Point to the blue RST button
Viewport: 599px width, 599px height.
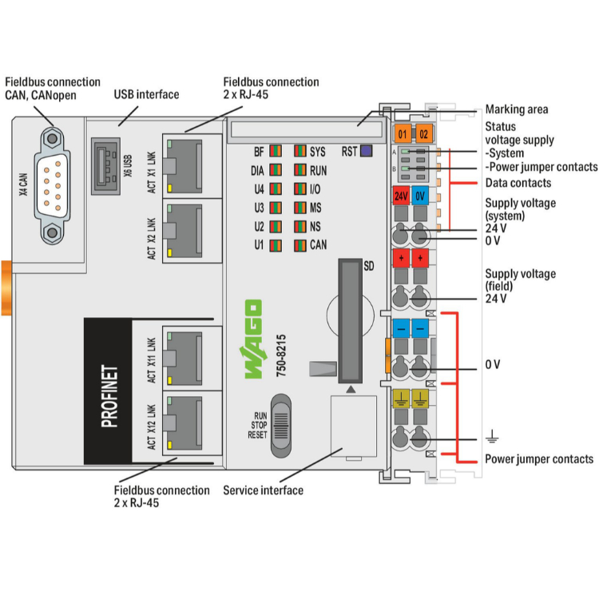pos(367,150)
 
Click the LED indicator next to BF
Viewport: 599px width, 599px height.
pos(276,150)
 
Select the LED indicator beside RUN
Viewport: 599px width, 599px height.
pos(299,169)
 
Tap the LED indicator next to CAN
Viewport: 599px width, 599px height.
pos(299,244)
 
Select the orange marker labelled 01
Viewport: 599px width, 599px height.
pos(403,133)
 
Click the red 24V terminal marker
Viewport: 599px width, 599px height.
pos(402,195)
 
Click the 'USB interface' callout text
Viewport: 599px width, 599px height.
pos(146,94)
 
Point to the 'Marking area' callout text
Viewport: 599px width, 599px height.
pos(517,109)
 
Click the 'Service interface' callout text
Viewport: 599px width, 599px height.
pos(263,490)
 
